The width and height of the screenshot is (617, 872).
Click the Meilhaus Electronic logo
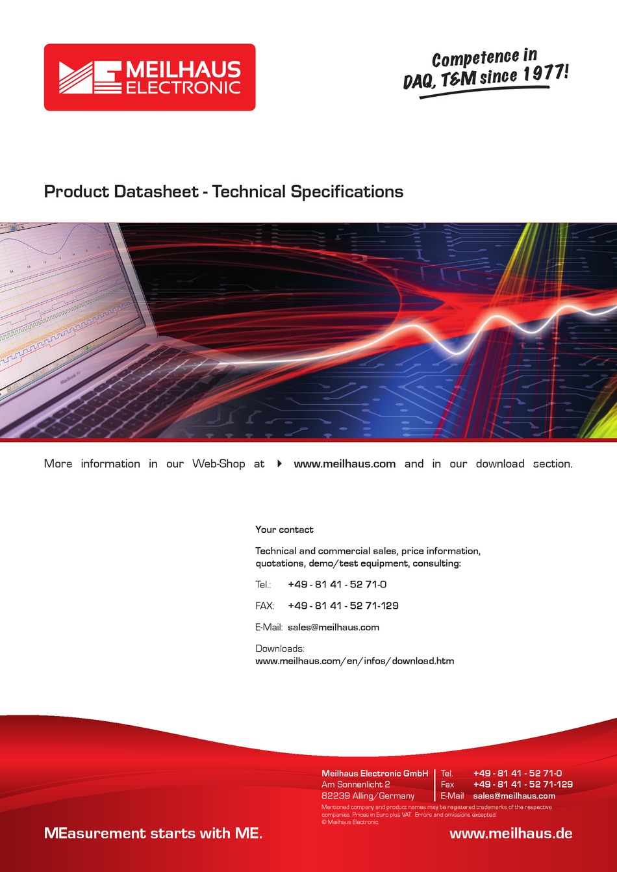coord(150,77)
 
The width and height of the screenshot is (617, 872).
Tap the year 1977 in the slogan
coord(543,72)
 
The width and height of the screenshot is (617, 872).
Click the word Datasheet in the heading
coord(157,192)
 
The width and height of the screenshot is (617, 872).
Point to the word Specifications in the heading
coord(347,192)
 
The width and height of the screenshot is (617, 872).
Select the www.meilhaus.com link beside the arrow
coord(345,464)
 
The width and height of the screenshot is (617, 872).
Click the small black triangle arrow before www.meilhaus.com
coord(279,464)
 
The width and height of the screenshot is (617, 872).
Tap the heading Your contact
coord(284,530)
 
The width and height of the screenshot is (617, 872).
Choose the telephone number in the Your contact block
coord(337,584)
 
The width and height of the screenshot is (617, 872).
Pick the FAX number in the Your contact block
coord(343,606)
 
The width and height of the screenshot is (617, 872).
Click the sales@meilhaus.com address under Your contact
coord(333,627)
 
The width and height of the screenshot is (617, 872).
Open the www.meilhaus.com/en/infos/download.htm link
coord(355,661)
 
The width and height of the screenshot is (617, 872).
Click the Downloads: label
coord(280,648)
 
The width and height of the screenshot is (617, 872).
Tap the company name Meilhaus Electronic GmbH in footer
coord(375,773)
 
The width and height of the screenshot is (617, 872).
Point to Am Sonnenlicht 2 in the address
coord(355,784)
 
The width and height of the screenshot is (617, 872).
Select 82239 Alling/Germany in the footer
coord(368,796)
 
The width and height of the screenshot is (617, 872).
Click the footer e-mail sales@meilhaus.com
coord(514,796)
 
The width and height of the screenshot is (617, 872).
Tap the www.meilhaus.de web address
coord(510,834)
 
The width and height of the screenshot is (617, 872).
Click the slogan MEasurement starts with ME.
coord(153,833)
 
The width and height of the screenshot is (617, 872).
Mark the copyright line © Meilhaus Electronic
coord(350,822)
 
